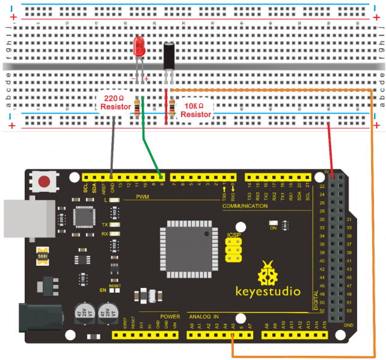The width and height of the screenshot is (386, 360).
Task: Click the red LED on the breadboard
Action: coord(139,46)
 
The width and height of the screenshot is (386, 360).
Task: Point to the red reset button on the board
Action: coord(44,180)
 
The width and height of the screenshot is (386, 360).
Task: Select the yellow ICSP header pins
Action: coord(234,249)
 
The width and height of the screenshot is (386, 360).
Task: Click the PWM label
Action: coord(143,197)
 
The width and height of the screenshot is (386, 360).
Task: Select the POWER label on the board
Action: coord(170,316)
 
